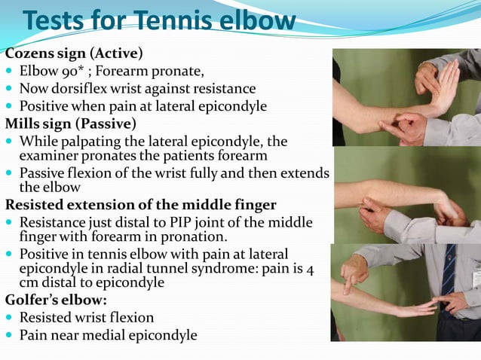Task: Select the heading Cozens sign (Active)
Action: (74, 54)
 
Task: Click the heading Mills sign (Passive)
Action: (71, 123)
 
